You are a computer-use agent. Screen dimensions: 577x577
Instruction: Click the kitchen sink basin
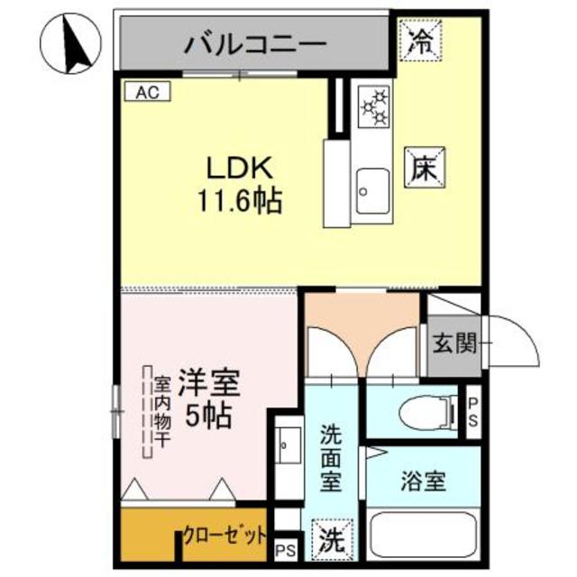tap(370, 190)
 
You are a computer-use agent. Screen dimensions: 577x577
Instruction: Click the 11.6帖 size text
tap(240, 200)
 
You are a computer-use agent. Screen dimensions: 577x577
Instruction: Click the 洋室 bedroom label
tap(208, 383)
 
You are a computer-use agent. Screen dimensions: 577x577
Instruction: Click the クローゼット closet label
tap(224, 536)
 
